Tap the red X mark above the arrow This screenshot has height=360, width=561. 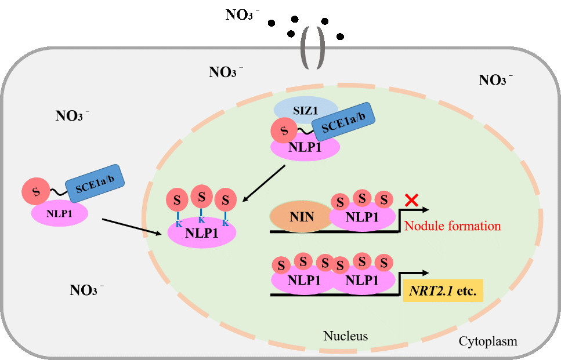click(x=411, y=201)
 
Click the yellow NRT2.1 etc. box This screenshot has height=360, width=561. click(x=443, y=290)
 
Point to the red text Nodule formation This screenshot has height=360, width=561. click(x=453, y=226)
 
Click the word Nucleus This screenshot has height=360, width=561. click(x=345, y=336)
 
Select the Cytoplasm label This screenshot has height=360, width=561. click(x=487, y=341)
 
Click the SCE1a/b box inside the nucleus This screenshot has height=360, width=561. click(x=343, y=123)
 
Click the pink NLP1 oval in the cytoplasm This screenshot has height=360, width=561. click(x=59, y=214)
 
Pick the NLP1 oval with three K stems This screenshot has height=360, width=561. click(x=201, y=234)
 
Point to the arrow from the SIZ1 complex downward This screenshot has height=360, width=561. click(x=265, y=184)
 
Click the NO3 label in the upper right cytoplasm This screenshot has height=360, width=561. click(x=495, y=80)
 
